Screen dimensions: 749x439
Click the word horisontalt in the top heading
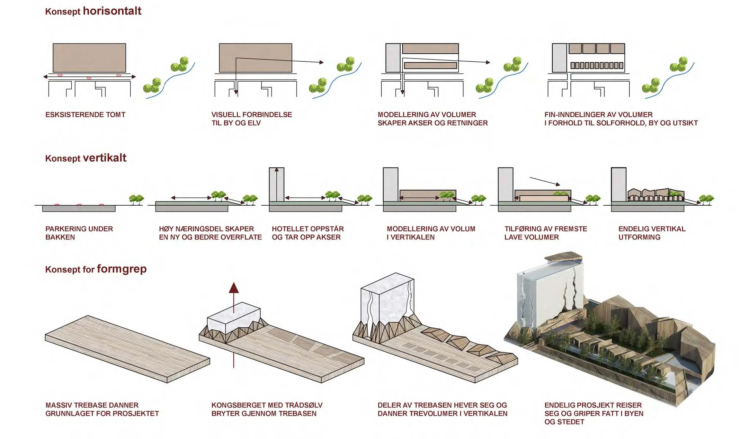pyautogui.click(x=112, y=11)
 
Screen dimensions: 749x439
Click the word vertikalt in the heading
pyautogui.click(x=105, y=158)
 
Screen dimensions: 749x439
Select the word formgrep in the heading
pyautogui.click(x=122, y=269)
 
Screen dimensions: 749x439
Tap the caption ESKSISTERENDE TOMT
pyautogui.click(x=85, y=115)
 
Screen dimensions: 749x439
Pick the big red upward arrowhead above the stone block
pyautogui.click(x=234, y=288)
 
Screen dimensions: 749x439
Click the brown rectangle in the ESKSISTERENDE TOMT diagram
pyautogui.click(x=89, y=58)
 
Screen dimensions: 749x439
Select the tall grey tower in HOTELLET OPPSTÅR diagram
pyautogui.click(x=277, y=184)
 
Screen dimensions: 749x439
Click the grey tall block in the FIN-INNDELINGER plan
pyautogui.click(x=559, y=58)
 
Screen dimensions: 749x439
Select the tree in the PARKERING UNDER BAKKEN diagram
pyautogui.click(x=136, y=199)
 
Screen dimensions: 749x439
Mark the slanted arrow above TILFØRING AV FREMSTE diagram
pyautogui.click(x=545, y=181)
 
